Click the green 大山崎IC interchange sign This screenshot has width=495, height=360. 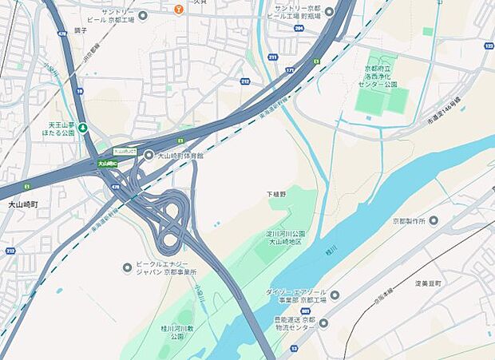pyautogui.click(x=107, y=164)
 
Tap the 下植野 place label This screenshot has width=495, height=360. pyautogui.click(x=275, y=194)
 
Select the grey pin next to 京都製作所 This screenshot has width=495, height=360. pyautogui.click(x=434, y=220)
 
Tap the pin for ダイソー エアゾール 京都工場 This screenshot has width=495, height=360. pyautogui.click(x=335, y=295)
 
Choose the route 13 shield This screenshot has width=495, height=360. pyautogui.click(x=294, y=349)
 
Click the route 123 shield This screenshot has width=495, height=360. pyautogui.click(x=488, y=47)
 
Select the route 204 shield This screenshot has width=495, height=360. pyautogui.click(x=298, y=28)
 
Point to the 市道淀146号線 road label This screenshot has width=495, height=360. pyautogui.click(x=444, y=110)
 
